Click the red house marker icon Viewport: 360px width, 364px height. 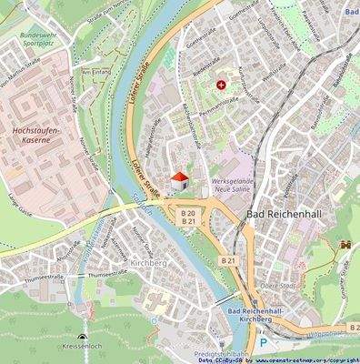tap(182, 178)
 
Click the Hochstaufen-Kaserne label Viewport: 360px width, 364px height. tap(36, 136)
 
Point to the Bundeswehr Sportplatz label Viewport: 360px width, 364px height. tap(39, 38)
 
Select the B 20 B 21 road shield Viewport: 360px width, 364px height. tap(188, 217)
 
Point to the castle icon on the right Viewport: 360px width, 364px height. tap(345, 245)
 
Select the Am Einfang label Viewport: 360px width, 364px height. tap(95, 70)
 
